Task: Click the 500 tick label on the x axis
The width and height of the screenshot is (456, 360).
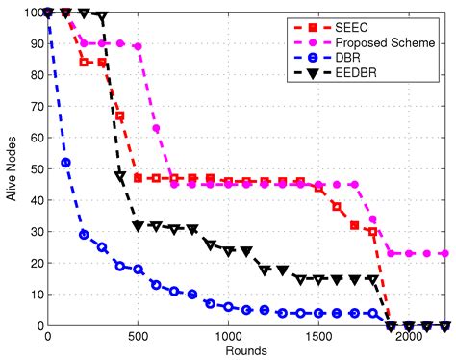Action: [x=138, y=338]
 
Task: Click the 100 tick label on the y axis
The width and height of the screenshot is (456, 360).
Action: [x=31, y=13]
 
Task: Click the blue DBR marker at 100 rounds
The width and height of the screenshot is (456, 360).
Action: [x=66, y=163]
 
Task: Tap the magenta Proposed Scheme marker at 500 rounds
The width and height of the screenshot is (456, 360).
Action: [x=138, y=46]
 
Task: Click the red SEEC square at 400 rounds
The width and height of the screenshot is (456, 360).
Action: [x=120, y=116]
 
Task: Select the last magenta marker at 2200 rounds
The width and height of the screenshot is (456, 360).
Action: [x=444, y=254]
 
